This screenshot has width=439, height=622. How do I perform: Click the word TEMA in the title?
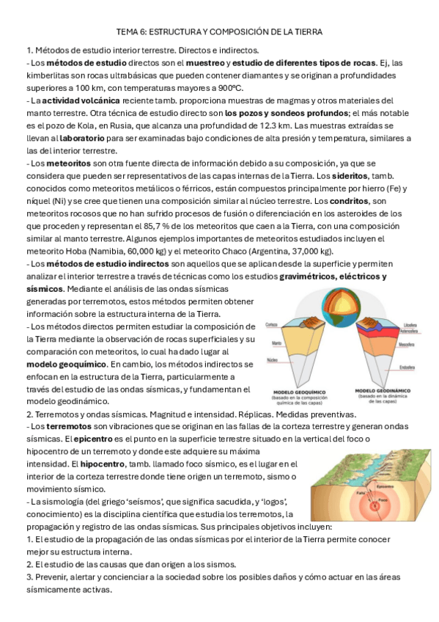128,32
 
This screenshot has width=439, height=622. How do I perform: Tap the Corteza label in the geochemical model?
271,324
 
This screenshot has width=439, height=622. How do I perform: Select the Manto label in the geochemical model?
270,343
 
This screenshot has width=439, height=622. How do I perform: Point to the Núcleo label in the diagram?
270,359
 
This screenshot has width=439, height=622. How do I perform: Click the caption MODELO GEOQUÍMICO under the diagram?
297,390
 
